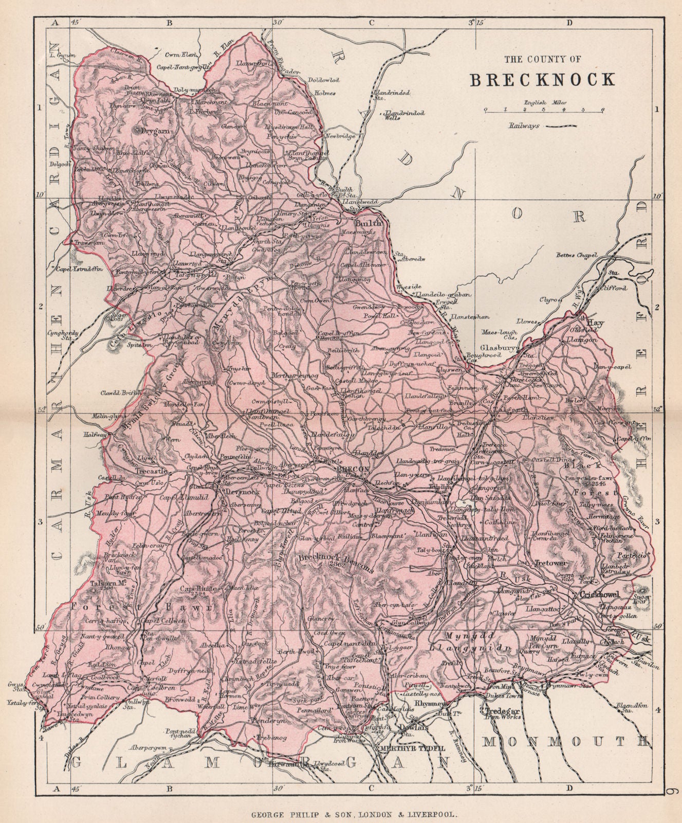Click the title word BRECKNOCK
(542, 79)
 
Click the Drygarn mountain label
(149, 131)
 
